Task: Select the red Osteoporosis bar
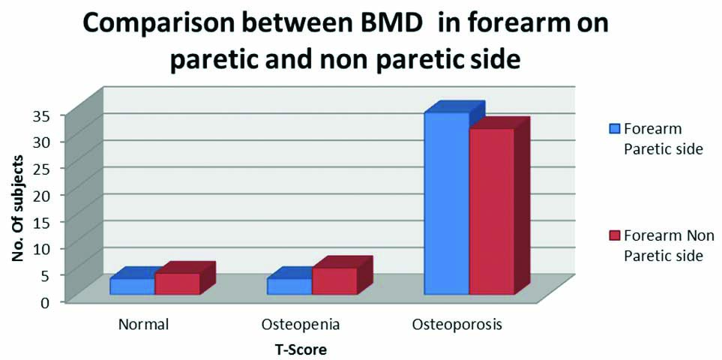tap(491, 211)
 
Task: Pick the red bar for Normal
tap(177, 283)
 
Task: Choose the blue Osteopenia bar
tap(289, 286)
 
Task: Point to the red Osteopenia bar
tap(334, 280)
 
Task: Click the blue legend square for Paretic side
tap(616, 128)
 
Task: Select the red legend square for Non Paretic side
tap(616, 235)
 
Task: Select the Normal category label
tap(143, 325)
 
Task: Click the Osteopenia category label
tap(301, 325)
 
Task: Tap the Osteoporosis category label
tap(457, 325)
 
